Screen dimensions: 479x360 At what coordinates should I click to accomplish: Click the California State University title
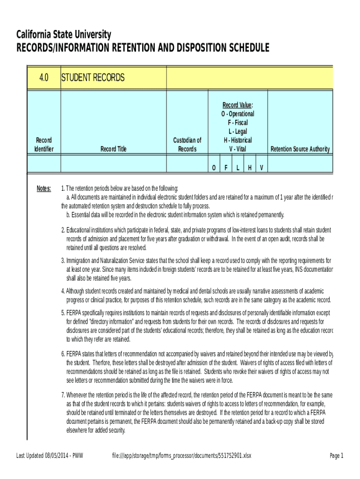click(64, 35)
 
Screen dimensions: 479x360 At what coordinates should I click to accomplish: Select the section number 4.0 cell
click(44, 78)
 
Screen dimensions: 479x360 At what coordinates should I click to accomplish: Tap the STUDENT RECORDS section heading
click(93, 78)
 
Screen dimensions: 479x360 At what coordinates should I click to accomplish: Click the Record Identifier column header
click(44, 145)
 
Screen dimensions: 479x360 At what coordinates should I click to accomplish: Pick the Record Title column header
click(114, 149)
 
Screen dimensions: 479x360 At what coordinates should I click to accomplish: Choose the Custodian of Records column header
click(187, 145)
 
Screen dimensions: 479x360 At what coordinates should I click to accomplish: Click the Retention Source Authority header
click(300, 149)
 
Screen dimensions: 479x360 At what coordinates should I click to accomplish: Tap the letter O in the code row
click(214, 168)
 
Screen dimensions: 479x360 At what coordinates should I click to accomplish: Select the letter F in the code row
click(226, 168)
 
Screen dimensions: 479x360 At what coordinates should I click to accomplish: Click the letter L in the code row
click(238, 168)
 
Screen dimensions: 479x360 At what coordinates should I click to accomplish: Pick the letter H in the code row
click(250, 168)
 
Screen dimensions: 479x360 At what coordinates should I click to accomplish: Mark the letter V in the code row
click(262, 168)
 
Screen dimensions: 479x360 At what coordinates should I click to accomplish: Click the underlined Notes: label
click(44, 188)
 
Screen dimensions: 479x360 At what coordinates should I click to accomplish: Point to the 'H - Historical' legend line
click(238, 140)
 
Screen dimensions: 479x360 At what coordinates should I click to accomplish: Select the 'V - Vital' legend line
click(238, 149)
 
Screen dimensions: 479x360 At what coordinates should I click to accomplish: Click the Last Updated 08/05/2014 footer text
click(50, 456)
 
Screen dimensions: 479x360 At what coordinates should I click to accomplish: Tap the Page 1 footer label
click(336, 456)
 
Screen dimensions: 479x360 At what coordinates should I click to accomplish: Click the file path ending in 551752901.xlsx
click(182, 456)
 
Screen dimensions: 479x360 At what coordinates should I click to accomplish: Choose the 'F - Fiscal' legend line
click(238, 123)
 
